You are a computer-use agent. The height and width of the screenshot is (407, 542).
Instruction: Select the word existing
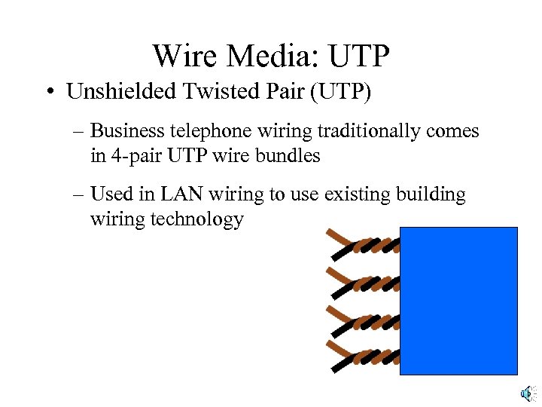coord(352,194)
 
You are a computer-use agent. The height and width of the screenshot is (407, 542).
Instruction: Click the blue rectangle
coord(458,300)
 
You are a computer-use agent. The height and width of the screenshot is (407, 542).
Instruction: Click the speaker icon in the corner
coord(528,393)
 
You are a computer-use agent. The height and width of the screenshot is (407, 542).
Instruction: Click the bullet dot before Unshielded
coord(48,93)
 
